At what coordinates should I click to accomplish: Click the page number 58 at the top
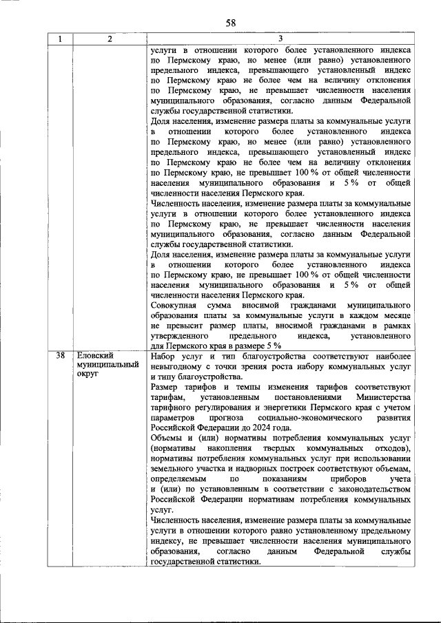(230, 23)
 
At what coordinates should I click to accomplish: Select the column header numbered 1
(61, 39)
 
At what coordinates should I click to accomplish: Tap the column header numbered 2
(110, 39)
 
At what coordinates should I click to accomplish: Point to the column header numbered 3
(280, 39)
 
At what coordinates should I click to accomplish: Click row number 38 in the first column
(61, 356)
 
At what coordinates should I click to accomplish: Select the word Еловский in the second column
(94, 356)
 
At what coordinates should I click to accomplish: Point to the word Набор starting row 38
(163, 356)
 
